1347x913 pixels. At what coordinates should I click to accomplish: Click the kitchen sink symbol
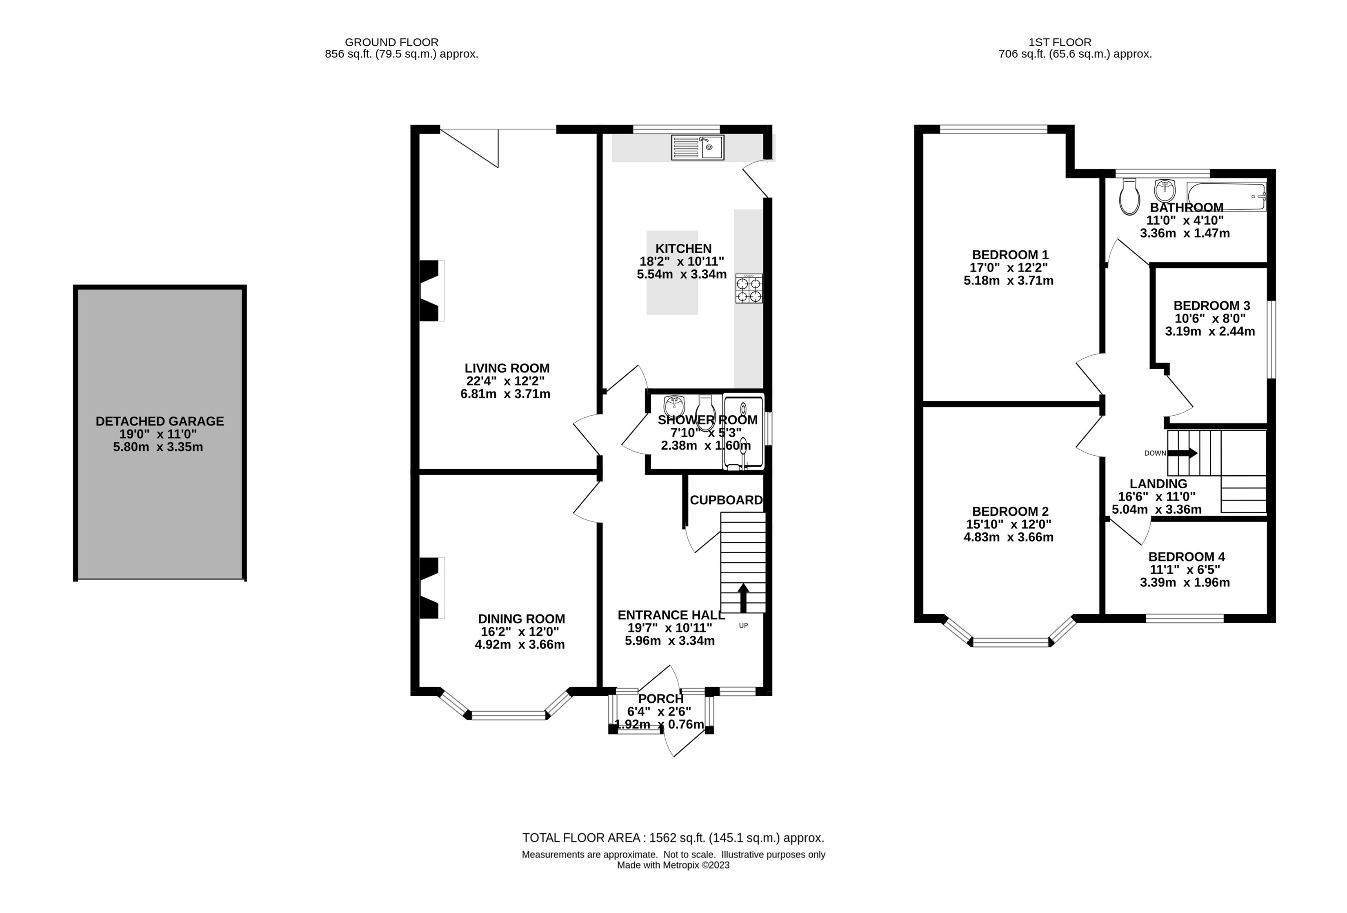(697, 147)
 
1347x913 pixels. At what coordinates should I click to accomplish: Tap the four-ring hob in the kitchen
(749, 289)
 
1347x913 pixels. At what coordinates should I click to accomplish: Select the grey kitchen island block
(672, 296)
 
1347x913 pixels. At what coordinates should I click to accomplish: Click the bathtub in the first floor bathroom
(1226, 196)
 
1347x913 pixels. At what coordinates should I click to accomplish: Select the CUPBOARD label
(726, 500)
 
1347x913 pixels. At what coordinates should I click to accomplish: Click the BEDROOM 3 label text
(1211, 305)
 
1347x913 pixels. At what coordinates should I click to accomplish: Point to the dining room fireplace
(431, 588)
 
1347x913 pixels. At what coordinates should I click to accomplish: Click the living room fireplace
(431, 290)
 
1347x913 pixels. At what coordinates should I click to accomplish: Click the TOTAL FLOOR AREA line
(673, 837)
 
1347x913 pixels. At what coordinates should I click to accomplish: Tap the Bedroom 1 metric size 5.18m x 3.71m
(1009, 281)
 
